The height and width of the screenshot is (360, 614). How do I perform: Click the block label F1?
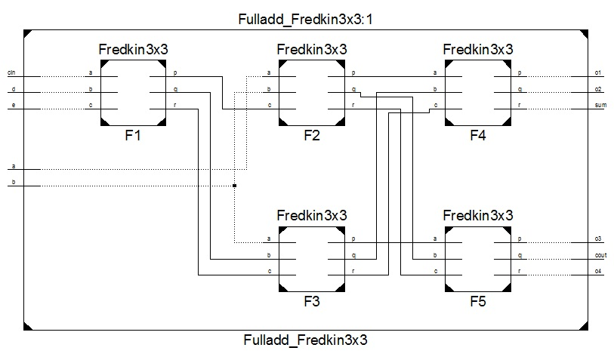(134, 137)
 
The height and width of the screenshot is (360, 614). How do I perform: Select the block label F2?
(312, 137)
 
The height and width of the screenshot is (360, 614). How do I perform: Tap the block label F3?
(312, 302)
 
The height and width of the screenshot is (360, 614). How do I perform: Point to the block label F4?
(478, 137)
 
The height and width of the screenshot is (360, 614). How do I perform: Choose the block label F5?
(478, 302)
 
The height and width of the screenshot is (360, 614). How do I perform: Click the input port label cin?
(11, 73)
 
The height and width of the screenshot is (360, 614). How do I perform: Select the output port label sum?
(601, 106)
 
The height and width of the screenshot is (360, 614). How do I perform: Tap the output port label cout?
(601, 256)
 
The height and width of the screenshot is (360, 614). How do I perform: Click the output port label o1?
(598, 73)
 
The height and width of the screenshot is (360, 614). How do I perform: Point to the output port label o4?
(598, 271)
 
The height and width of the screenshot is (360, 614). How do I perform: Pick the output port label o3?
(598, 239)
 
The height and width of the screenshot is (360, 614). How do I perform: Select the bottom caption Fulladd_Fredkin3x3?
(305, 340)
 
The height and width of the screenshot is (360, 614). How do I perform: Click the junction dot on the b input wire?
(235, 185)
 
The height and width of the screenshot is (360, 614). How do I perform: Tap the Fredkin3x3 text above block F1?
(134, 50)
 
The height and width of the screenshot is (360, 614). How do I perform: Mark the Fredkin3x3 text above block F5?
(478, 214)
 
